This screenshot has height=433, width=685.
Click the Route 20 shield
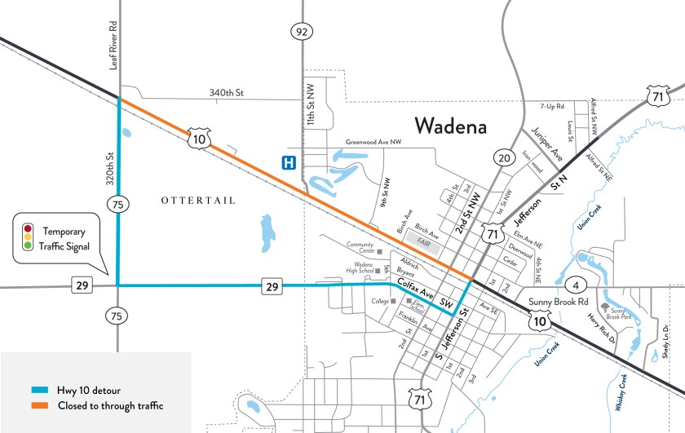pos(503,157)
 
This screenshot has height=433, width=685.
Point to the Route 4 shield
pos(576,285)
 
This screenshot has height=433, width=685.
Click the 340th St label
pos(228,93)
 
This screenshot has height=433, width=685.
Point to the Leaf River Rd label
pos(114,46)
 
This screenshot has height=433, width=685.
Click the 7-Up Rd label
pos(553,107)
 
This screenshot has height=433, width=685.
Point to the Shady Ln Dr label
pos(666,341)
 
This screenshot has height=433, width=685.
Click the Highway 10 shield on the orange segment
pos(197,139)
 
